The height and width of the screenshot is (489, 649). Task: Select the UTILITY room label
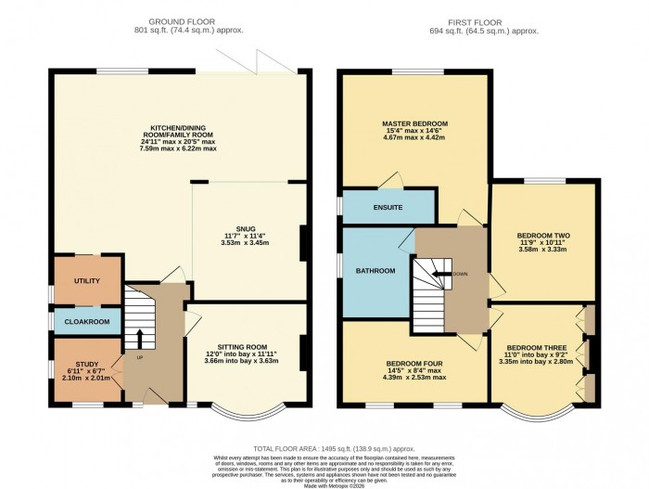[x=88, y=280]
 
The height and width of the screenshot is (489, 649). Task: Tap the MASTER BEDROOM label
[x=414, y=123]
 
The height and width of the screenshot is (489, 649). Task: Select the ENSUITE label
[x=388, y=207]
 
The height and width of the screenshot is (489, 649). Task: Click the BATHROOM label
[x=376, y=271]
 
